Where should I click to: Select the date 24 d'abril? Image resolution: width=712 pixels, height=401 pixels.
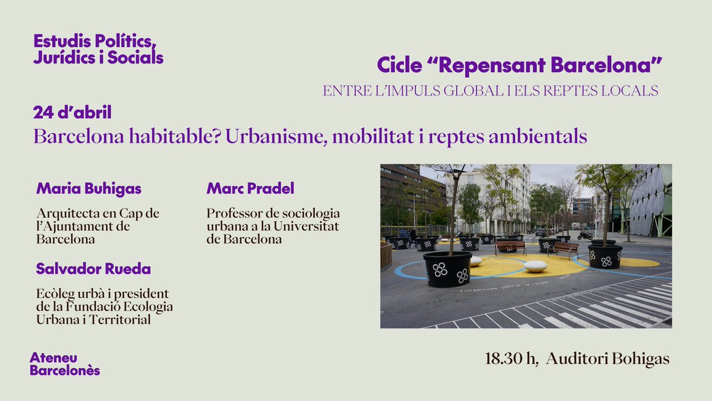click(x=72, y=112)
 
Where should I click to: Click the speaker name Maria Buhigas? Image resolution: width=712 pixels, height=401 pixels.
click(x=89, y=189)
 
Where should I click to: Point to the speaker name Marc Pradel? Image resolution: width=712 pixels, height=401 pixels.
click(x=250, y=189)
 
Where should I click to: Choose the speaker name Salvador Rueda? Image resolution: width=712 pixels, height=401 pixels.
click(x=93, y=269)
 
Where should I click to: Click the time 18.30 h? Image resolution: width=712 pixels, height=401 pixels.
click(x=511, y=359)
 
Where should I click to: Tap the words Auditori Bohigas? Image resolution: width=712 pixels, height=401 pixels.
click(x=608, y=359)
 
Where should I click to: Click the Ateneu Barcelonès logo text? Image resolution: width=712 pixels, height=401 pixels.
click(x=65, y=364)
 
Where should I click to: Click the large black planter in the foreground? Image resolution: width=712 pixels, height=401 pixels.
click(x=447, y=269)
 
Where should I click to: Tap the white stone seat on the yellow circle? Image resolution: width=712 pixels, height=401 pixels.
click(x=535, y=266)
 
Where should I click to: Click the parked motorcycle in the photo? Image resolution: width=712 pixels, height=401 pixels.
click(x=585, y=235)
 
